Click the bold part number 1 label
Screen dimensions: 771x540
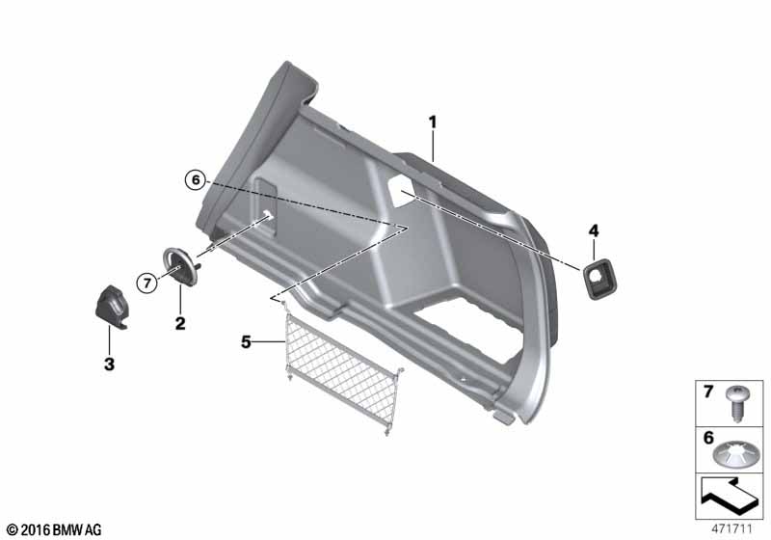click(x=433, y=121)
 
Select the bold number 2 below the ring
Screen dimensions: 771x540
click(x=180, y=323)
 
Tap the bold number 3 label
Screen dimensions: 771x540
click(x=109, y=364)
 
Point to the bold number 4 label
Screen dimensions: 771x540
click(x=594, y=230)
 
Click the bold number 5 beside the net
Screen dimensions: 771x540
click(x=246, y=341)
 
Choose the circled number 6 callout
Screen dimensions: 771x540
click(x=196, y=180)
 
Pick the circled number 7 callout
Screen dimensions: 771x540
click(x=147, y=283)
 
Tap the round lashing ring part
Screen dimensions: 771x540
click(x=180, y=265)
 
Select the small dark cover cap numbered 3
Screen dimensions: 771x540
click(x=111, y=307)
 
